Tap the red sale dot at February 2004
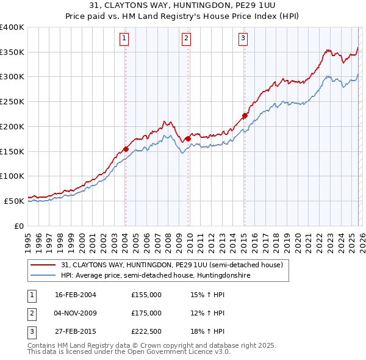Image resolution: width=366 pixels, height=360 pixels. pos(126,149)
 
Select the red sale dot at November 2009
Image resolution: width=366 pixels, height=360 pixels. pos(188,139)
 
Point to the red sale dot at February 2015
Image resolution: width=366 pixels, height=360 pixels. pos(245,115)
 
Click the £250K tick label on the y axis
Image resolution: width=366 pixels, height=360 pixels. pos(12,101)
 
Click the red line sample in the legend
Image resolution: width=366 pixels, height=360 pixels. pos(43,265)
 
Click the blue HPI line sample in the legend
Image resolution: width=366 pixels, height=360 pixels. pos(43,276)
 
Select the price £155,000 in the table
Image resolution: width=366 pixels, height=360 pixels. pos(146,294)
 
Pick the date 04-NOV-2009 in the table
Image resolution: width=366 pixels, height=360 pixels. pos(75,313)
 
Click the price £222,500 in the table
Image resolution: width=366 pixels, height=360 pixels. pos(146,332)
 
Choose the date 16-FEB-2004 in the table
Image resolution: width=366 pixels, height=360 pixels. pos(75,294)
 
